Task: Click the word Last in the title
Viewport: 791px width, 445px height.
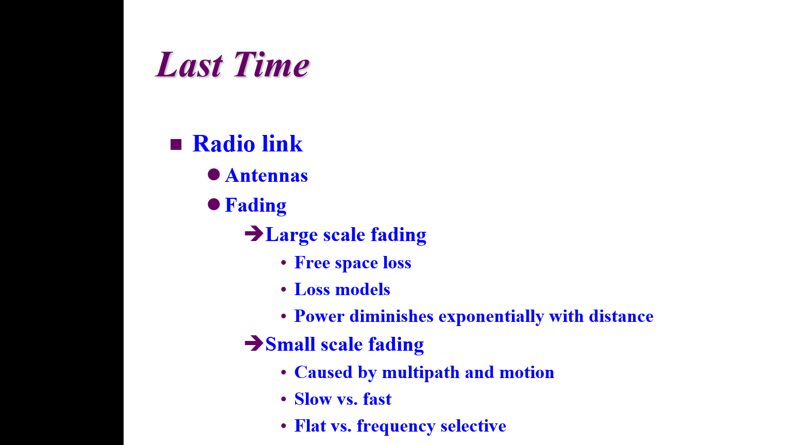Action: coord(190,64)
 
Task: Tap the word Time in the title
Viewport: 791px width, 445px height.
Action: coord(271,64)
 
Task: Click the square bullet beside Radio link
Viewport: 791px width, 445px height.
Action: coord(176,144)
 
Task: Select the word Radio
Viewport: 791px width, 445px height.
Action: coord(223,144)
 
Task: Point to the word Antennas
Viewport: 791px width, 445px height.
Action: coord(266,176)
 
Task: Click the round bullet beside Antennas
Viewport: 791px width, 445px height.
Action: coord(214,175)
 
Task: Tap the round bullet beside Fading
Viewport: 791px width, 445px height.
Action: coord(214,204)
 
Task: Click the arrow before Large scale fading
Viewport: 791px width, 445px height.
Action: coord(254,234)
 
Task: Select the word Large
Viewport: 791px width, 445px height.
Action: coord(291,235)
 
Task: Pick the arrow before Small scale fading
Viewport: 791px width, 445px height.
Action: coord(254,344)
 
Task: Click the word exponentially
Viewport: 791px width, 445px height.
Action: coord(491,316)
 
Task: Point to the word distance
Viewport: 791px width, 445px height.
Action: coord(621,316)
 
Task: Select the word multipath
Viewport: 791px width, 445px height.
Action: coord(421,373)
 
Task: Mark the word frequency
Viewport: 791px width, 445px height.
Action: coord(396,426)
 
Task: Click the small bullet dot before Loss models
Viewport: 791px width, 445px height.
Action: coord(284,289)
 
